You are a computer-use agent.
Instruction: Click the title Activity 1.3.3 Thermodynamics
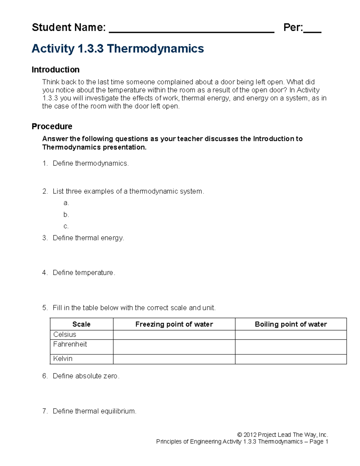118,49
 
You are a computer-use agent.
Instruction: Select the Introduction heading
55,70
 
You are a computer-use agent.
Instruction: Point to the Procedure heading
52,126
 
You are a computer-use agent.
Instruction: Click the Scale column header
81,324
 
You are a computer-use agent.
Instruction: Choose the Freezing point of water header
174,324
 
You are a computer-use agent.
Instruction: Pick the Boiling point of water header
291,324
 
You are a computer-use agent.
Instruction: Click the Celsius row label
64,335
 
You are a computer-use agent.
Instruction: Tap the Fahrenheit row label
70,344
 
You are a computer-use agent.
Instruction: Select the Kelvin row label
63,359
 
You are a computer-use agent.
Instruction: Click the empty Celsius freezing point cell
174,335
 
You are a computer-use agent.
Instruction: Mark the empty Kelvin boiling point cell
291,359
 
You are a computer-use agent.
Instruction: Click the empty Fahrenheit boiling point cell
291,347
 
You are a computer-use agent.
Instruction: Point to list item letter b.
66,215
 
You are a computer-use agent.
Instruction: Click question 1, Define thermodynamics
91,163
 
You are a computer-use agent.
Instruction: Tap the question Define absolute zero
86,376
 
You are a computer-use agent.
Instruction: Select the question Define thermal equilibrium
94,411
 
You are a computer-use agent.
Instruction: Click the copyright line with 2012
282,435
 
